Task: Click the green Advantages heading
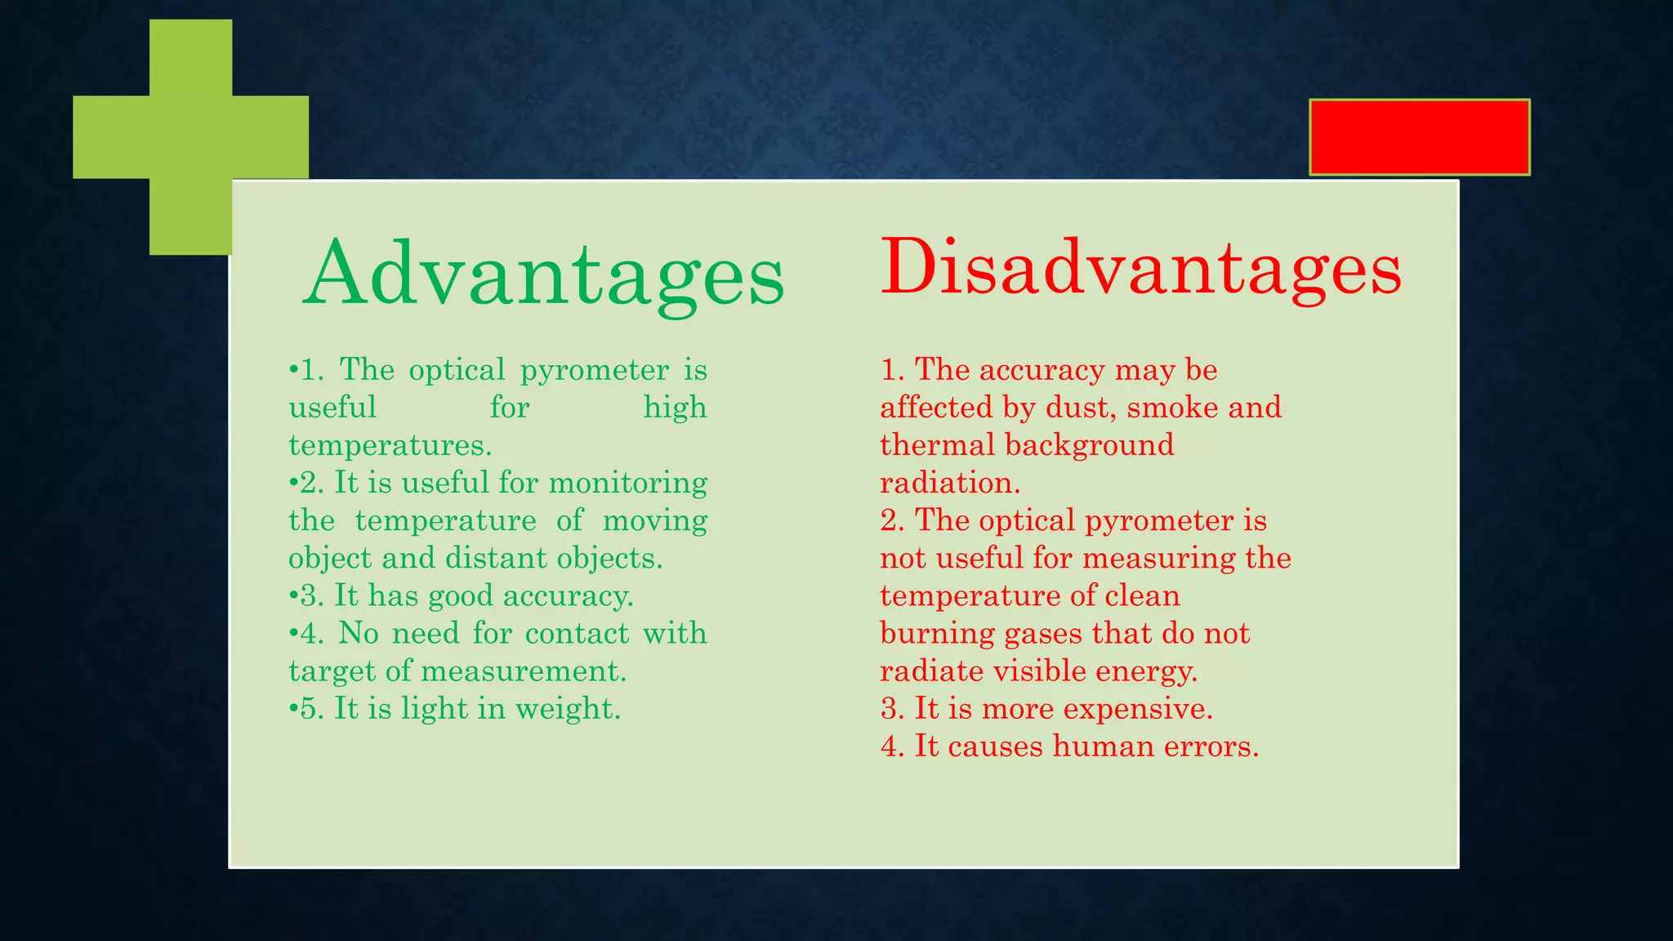[x=543, y=274]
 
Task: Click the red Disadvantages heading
[x=1140, y=268]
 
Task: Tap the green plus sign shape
[x=191, y=137]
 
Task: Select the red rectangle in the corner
[x=1419, y=137]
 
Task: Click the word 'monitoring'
[x=627, y=483]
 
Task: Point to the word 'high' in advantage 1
[x=675, y=407]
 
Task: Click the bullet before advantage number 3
[x=293, y=595]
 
